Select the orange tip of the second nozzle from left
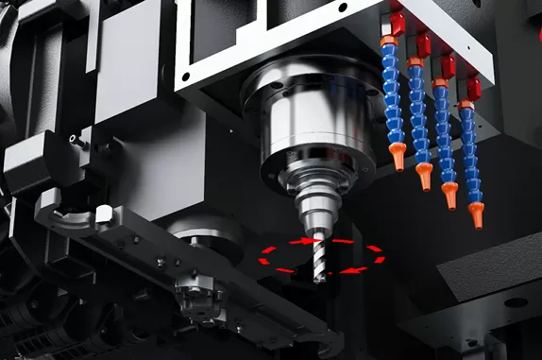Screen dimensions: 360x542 (x=424, y=176)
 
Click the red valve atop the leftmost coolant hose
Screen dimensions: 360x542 (x=397, y=24)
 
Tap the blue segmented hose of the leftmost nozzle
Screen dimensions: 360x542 (x=392, y=94)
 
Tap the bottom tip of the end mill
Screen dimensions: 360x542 (x=319, y=281)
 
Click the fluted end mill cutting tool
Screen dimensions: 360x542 (x=318, y=255)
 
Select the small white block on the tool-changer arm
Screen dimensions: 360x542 (x=103, y=215)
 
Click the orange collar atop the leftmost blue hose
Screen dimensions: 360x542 (x=388, y=42)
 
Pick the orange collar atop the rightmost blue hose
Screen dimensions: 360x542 (x=466, y=105)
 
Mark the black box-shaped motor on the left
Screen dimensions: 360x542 (x=28, y=161)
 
